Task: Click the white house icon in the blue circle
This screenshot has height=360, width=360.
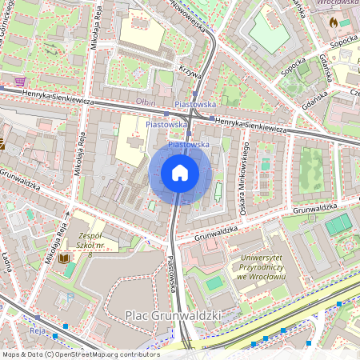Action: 180,173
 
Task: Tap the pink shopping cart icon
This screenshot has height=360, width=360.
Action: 19,81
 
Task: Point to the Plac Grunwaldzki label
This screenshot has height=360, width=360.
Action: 172,317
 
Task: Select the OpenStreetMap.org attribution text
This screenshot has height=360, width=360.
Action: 80,354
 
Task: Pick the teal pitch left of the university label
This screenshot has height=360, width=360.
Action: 213,283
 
